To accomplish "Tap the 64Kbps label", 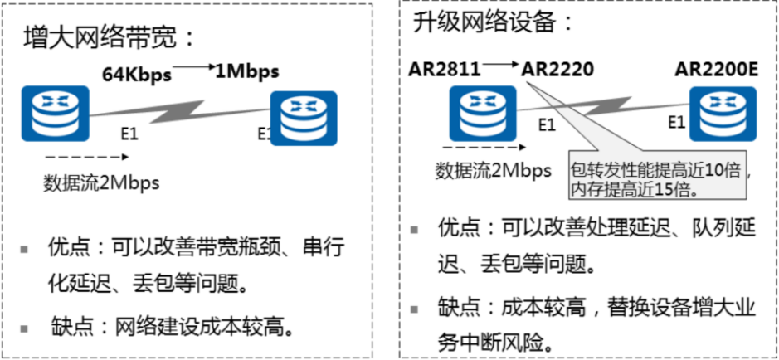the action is [137, 74].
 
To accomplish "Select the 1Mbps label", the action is [246, 70].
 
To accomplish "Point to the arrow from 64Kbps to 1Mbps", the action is [192, 65].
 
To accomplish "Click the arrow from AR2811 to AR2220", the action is [501, 63].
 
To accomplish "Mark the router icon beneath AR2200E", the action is [727, 112].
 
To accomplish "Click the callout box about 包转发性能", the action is [660, 176].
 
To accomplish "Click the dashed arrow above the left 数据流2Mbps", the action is [79, 157].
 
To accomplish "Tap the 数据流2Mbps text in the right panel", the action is [494, 171].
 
